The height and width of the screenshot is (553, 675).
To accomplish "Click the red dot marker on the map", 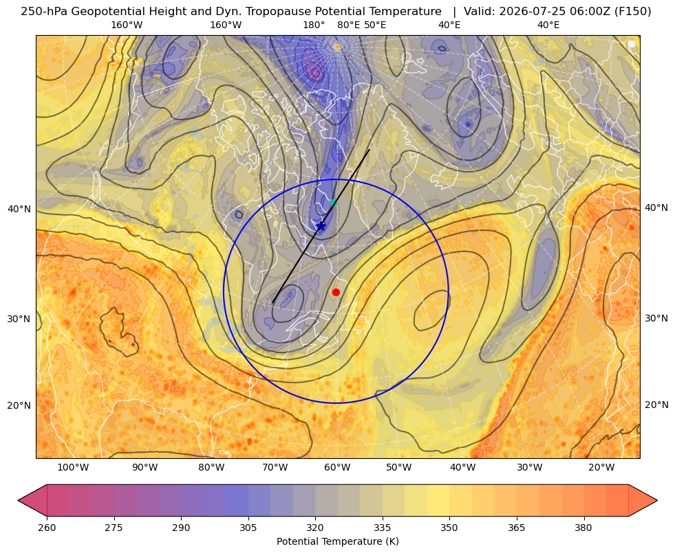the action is [336, 292].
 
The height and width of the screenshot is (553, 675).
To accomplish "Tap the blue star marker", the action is [321, 226].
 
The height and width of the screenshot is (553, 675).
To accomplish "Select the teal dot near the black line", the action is [333, 203].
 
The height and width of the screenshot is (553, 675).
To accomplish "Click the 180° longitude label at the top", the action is [314, 25].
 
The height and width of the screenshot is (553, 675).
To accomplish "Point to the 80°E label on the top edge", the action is [348, 25].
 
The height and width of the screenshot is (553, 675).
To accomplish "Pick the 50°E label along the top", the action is [375, 25].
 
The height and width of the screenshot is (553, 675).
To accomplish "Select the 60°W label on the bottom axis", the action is [337, 468].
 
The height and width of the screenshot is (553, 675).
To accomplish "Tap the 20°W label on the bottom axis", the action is [601, 468].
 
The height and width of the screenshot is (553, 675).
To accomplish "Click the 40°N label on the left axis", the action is [19, 209].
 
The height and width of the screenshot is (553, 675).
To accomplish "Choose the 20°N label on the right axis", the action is [656, 405].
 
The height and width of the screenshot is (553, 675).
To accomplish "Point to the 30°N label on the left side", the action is [19, 319].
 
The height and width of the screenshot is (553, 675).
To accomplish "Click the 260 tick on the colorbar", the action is [47, 528].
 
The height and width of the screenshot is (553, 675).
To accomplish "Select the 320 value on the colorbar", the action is [315, 528].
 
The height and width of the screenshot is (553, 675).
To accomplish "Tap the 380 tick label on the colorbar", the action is [583, 528].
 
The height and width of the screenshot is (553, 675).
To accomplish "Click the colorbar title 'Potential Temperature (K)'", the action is [337, 541].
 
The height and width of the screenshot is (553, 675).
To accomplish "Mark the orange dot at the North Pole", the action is [337, 47].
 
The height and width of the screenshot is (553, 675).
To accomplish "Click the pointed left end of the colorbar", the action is [18, 500].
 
